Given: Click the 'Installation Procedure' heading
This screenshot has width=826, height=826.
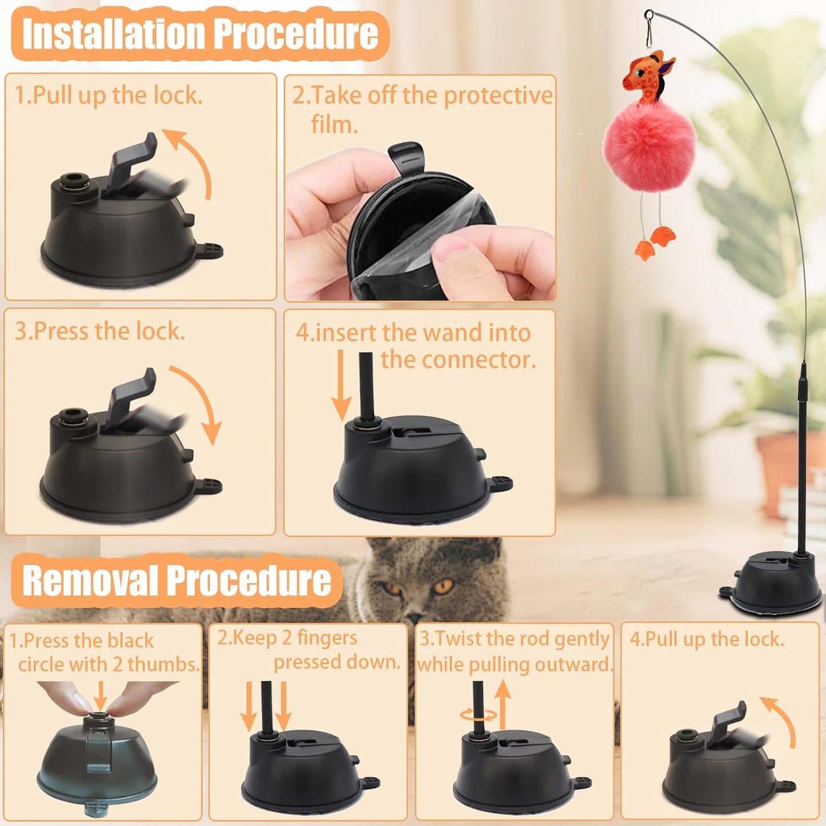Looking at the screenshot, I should [200, 34].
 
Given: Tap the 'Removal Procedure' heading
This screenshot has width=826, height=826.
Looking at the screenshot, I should [177, 580].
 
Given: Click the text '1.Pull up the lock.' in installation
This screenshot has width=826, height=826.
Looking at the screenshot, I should [109, 95].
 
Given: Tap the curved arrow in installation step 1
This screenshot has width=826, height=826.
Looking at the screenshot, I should [192, 160].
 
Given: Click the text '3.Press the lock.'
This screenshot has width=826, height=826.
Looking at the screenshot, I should [100, 331].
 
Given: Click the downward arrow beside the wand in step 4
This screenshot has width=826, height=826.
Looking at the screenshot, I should [341, 386].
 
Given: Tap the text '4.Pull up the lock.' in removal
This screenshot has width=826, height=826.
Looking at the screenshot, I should [707, 639].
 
